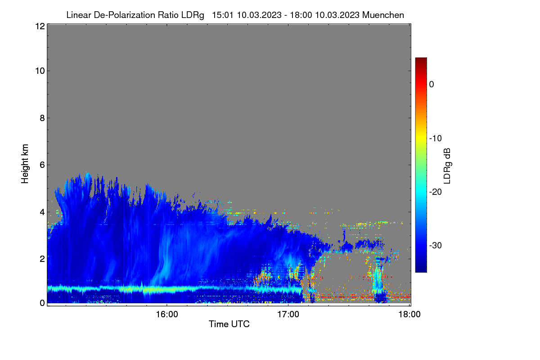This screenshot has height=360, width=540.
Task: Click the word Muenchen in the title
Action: click(383, 15)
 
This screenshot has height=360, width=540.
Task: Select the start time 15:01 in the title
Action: click(223, 15)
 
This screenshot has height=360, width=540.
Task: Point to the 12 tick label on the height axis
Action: click(40, 26)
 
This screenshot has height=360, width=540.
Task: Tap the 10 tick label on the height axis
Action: click(40, 71)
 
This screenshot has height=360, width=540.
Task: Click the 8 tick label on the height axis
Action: click(42, 118)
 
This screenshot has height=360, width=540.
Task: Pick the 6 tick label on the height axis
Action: click(42, 165)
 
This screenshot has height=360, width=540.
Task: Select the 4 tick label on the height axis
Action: click(42, 212)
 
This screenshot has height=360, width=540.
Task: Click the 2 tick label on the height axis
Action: click(42, 259)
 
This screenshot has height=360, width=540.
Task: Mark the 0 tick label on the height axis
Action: click(42, 303)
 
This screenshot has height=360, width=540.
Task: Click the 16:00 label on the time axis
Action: click(167, 315)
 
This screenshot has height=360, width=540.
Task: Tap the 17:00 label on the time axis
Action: click(288, 315)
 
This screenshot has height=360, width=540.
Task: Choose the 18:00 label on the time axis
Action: click(409, 315)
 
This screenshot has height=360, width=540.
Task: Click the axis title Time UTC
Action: click(229, 324)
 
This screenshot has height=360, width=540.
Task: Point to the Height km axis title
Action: click(25, 164)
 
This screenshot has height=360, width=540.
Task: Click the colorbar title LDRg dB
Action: click(447, 166)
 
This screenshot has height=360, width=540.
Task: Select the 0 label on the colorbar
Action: click(432, 85)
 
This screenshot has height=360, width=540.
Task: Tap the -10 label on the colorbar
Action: click(436, 139)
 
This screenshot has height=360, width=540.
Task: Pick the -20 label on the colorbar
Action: click(436, 192)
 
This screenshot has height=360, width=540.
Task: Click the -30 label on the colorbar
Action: click(436, 245)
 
